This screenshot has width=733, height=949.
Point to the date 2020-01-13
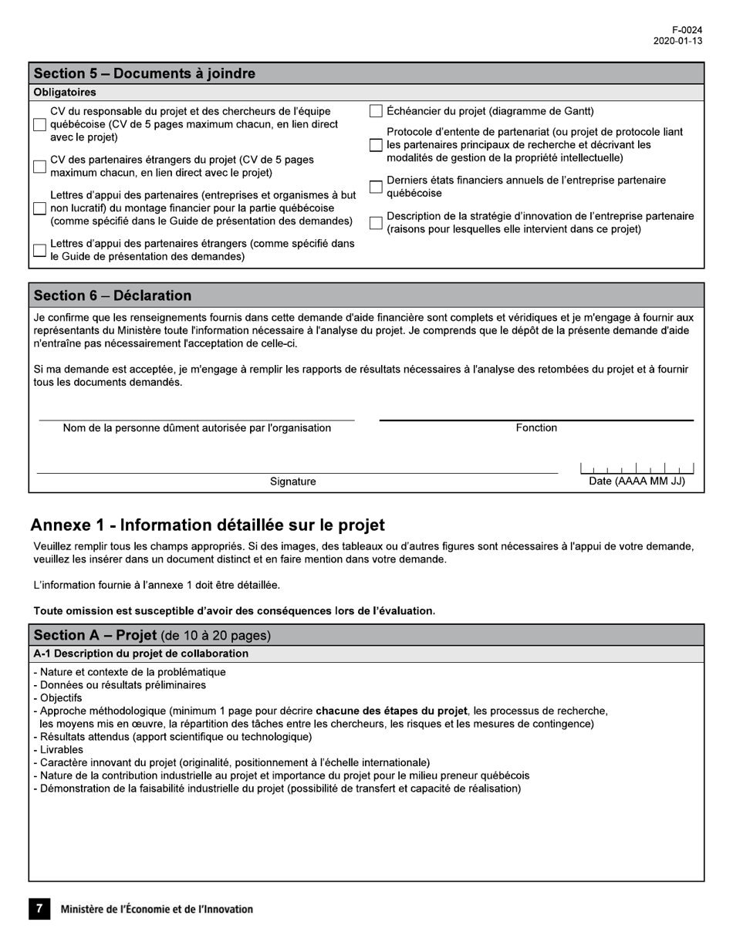[677, 42]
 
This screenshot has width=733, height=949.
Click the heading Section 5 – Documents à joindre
[144, 73]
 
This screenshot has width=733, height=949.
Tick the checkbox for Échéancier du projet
[376, 111]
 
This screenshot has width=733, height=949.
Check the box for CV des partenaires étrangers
[40, 167]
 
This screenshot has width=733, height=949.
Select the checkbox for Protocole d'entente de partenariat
[376, 145]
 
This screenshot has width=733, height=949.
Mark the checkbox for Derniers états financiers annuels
[376, 187]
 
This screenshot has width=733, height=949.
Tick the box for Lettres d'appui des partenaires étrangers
[40, 250]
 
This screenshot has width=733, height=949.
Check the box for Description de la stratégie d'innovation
[376, 223]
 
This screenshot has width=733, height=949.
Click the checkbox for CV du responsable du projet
[40, 125]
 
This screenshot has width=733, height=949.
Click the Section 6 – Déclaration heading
[113, 296]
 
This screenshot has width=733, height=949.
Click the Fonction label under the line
[536, 428]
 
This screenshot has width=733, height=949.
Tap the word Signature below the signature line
[292, 481]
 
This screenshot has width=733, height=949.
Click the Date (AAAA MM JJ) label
[637, 481]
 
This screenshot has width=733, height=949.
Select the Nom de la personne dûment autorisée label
[197, 428]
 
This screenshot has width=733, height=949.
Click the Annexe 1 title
[208, 525]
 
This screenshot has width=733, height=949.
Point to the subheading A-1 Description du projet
[141, 653]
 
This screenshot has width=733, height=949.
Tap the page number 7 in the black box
[39, 909]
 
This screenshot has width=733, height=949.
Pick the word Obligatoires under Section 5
[65, 93]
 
